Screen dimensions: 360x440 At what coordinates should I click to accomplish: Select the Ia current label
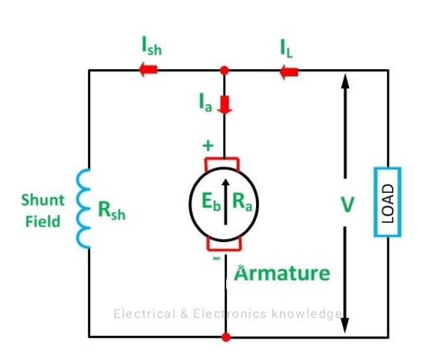click(x=205, y=102)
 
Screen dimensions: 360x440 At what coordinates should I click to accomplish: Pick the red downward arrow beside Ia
click(x=225, y=104)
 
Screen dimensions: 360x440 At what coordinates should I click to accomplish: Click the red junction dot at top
click(x=225, y=69)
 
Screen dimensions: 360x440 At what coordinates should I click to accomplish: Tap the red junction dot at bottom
click(x=226, y=337)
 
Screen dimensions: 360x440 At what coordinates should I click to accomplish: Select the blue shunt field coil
click(x=84, y=208)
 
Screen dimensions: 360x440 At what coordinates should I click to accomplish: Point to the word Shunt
click(x=43, y=199)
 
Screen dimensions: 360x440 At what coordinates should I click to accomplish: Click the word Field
click(x=43, y=221)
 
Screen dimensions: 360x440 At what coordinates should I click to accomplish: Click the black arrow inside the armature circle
click(x=225, y=201)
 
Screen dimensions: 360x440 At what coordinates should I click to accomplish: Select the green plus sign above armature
click(x=207, y=146)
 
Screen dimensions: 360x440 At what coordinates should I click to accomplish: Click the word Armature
click(x=282, y=273)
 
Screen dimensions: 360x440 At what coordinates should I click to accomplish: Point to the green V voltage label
click(x=348, y=205)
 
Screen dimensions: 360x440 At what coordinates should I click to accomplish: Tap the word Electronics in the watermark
click(x=230, y=314)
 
